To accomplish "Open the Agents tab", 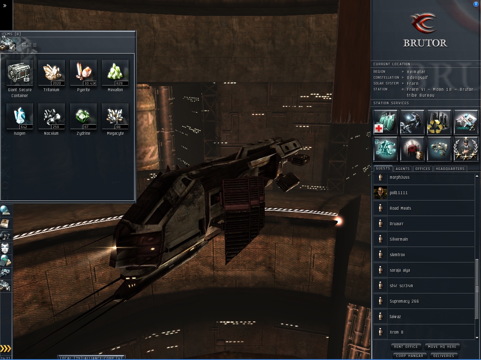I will click(x=403, y=169).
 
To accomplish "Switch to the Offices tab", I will click(x=423, y=169).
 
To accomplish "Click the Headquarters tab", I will click(x=450, y=169).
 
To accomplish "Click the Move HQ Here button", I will click(x=442, y=347).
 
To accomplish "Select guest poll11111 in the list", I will click(x=398, y=193).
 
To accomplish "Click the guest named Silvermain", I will click(x=398, y=239).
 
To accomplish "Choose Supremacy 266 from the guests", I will click(x=404, y=301).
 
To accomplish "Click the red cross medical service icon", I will click(x=385, y=122).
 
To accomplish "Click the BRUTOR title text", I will click(x=425, y=43).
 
